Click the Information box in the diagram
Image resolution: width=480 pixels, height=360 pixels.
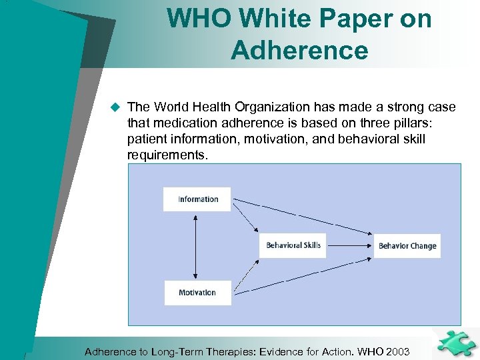(197, 199)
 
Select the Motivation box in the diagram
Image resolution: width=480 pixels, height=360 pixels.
(197, 293)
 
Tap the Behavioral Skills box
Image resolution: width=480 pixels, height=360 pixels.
(293, 246)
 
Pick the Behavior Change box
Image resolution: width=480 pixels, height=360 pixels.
(407, 246)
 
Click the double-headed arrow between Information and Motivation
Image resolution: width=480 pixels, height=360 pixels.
(195, 245)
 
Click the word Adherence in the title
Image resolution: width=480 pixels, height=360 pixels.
(299, 50)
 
